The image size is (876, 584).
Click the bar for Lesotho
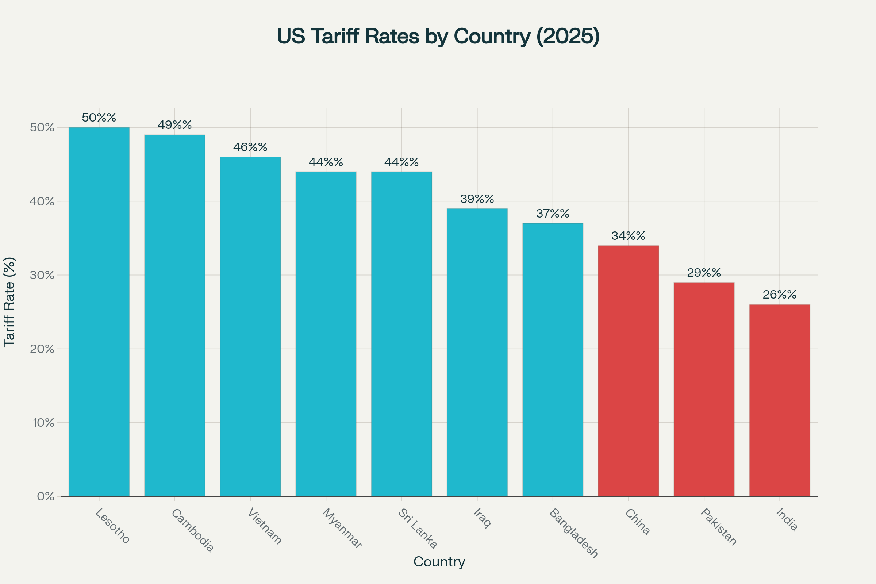click(99, 312)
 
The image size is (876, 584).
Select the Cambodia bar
click(175, 315)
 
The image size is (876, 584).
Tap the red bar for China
click(628, 371)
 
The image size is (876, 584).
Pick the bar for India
click(780, 400)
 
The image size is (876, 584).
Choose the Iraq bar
click(477, 352)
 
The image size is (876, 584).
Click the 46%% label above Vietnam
click(250, 147)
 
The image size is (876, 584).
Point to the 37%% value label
click(553, 214)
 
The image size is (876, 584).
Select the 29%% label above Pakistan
click(704, 273)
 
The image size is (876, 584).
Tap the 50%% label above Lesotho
click(99, 118)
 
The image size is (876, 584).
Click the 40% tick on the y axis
click(42, 201)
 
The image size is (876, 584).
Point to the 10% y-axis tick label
click(43, 423)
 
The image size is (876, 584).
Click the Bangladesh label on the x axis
click(573, 533)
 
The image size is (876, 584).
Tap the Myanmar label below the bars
click(342, 528)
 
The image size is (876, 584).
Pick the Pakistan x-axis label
click(718, 527)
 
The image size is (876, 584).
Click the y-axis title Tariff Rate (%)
click(9, 302)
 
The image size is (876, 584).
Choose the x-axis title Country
click(439, 562)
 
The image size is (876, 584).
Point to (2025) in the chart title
click(568, 36)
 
